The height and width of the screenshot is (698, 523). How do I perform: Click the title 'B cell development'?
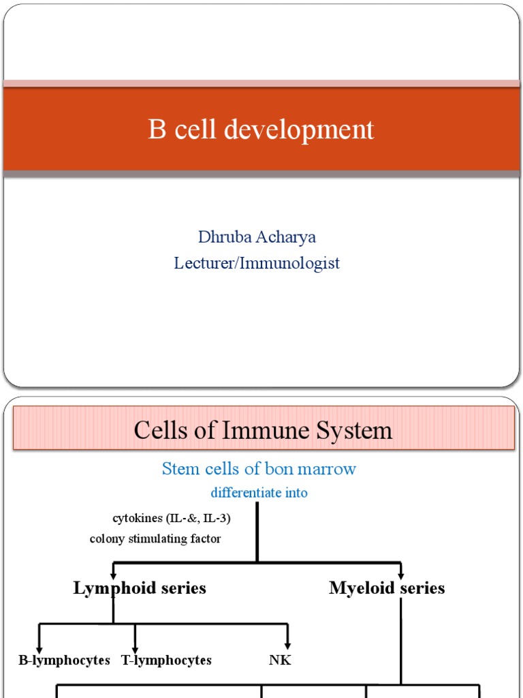[x=261, y=130]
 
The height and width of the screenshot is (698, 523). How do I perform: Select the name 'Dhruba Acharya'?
[x=257, y=237]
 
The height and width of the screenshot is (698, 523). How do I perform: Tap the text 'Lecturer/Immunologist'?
[x=257, y=263]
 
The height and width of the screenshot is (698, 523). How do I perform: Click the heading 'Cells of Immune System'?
[x=263, y=431]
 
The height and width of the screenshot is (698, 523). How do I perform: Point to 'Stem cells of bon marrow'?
[x=259, y=469]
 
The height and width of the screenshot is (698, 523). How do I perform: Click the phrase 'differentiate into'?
[x=259, y=493]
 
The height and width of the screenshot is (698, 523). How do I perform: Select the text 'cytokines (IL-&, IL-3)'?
[x=172, y=519]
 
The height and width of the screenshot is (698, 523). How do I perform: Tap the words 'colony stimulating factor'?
[x=155, y=539]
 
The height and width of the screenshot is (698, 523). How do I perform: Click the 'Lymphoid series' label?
[x=140, y=588]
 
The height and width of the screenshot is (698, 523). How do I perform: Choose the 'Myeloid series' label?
[x=387, y=588]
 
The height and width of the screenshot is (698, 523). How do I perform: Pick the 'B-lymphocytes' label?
[x=64, y=661]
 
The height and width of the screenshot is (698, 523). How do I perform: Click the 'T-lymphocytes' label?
[x=166, y=661]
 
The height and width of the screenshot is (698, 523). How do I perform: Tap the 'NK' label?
[x=280, y=661]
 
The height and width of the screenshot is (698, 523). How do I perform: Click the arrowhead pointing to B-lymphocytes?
[x=39, y=646]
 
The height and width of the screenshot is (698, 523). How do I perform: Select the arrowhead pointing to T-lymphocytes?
[x=135, y=646]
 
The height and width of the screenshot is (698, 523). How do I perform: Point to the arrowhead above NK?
[x=289, y=644]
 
